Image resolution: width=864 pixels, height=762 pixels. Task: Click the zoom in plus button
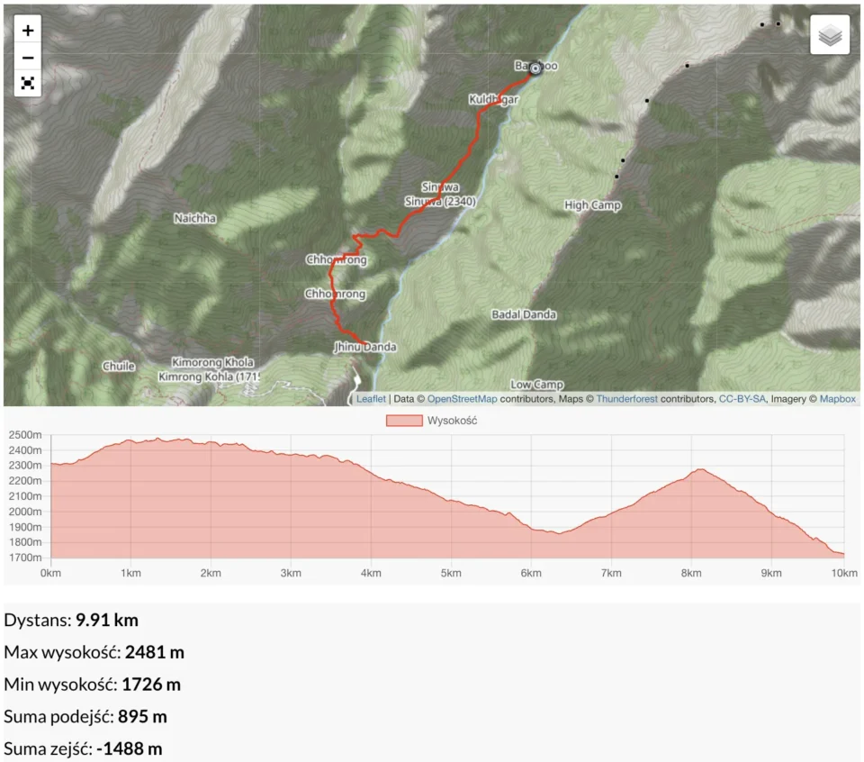click(28, 31)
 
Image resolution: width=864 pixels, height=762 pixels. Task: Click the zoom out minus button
click(28, 57)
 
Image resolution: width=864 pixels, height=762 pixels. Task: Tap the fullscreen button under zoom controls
click(28, 83)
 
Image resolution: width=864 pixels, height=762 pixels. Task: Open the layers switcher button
click(830, 35)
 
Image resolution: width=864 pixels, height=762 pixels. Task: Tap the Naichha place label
click(194, 218)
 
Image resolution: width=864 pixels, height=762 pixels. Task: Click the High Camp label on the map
click(592, 205)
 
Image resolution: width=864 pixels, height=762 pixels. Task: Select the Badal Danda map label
click(524, 315)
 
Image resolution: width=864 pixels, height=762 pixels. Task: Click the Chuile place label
click(118, 367)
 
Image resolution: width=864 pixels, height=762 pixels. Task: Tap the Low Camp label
click(536, 385)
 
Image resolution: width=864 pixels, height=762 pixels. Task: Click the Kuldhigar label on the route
click(493, 100)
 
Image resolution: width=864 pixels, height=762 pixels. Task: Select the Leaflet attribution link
click(370, 399)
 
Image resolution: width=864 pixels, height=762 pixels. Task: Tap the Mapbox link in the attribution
click(837, 399)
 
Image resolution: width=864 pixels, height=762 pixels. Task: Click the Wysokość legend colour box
click(404, 421)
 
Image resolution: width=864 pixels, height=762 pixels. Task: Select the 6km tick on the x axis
click(531, 573)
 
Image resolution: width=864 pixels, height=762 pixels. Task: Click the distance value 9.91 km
click(107, 620)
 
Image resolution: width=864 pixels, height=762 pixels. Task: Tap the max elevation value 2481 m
click(154, 652)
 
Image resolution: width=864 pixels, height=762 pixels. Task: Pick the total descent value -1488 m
click(130, 748)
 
